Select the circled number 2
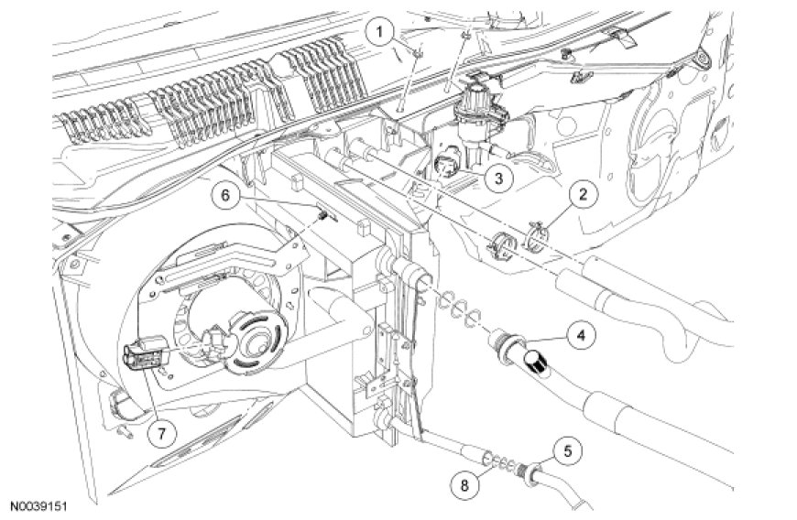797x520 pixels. point(581,193)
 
